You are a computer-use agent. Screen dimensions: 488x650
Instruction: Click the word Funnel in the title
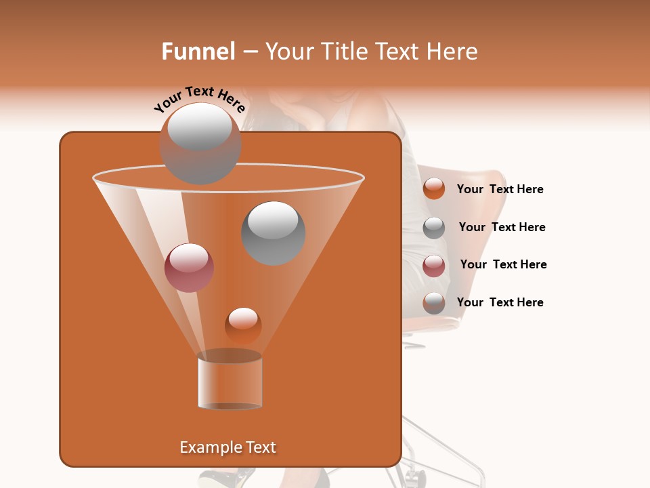198,52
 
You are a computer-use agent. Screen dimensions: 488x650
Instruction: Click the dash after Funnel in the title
249,52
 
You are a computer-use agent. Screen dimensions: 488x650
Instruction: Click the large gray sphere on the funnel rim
200,143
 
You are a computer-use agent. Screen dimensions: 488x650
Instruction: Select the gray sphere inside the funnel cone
273,232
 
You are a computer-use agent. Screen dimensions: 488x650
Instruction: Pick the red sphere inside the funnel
189,268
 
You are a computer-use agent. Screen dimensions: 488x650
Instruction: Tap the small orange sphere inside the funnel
243,325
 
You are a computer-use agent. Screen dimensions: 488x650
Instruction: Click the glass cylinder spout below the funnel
230,382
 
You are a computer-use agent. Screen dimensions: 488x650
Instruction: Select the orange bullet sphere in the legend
434,189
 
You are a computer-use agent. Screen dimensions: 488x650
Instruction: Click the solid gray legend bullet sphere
434,228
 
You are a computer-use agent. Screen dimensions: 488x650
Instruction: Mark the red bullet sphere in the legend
434,266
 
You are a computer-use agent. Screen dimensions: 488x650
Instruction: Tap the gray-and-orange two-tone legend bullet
434,303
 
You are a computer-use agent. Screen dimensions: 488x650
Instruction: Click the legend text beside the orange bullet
500,189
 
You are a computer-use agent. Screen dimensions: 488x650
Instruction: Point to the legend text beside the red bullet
503,264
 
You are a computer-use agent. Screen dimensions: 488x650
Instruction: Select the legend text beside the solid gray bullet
502,227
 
